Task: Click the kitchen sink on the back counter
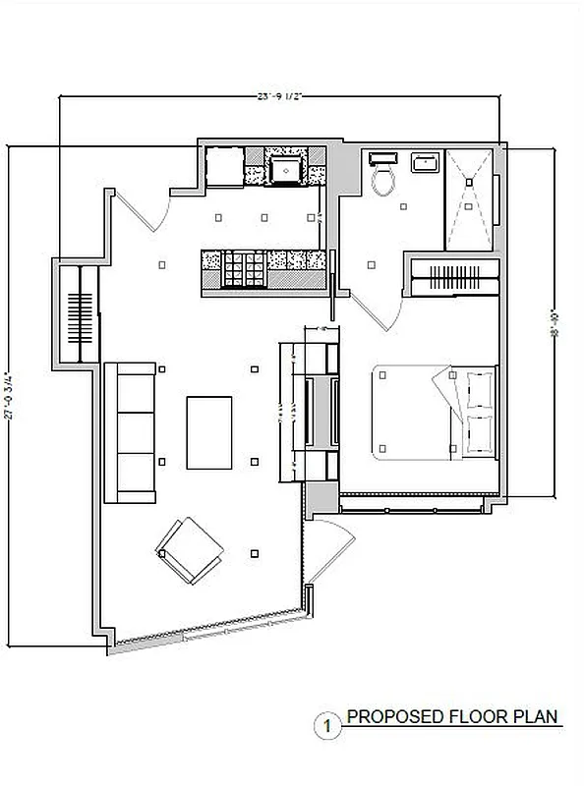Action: point(286,169)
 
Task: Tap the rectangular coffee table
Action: point(209,432)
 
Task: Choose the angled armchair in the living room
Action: point(191,548)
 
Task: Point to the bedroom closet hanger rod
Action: point(454,276)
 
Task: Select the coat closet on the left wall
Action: point(79,315)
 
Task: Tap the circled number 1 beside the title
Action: point(323,728)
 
